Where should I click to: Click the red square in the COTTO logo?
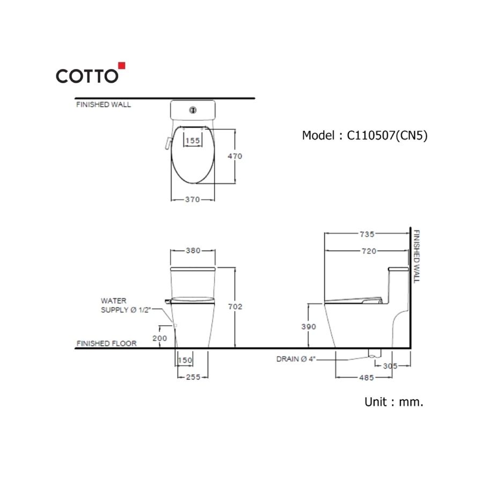[x=121, y=66]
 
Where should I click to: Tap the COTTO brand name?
[x=87, y=76]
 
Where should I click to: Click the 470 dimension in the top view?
[x=236, y=156]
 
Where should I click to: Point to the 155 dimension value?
[x=192, y=141]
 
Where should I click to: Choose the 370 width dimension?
[x=192, y=200]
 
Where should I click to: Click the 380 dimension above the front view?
[x=193, y=250]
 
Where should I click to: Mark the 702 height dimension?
[x=236, y=306]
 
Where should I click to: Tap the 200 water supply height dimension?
[x=160, y=338]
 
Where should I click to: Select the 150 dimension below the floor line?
[x=185, y=361]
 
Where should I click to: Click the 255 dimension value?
[x=193, y=377]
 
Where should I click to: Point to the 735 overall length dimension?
[x=367, y=234]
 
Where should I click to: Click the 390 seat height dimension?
[x=309, y=326]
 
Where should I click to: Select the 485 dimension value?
[x=367, y=378]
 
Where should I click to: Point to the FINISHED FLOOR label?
[x=106, y=343]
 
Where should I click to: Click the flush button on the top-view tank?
[x=192, y=111]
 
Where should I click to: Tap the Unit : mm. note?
[x=394, y=401]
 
